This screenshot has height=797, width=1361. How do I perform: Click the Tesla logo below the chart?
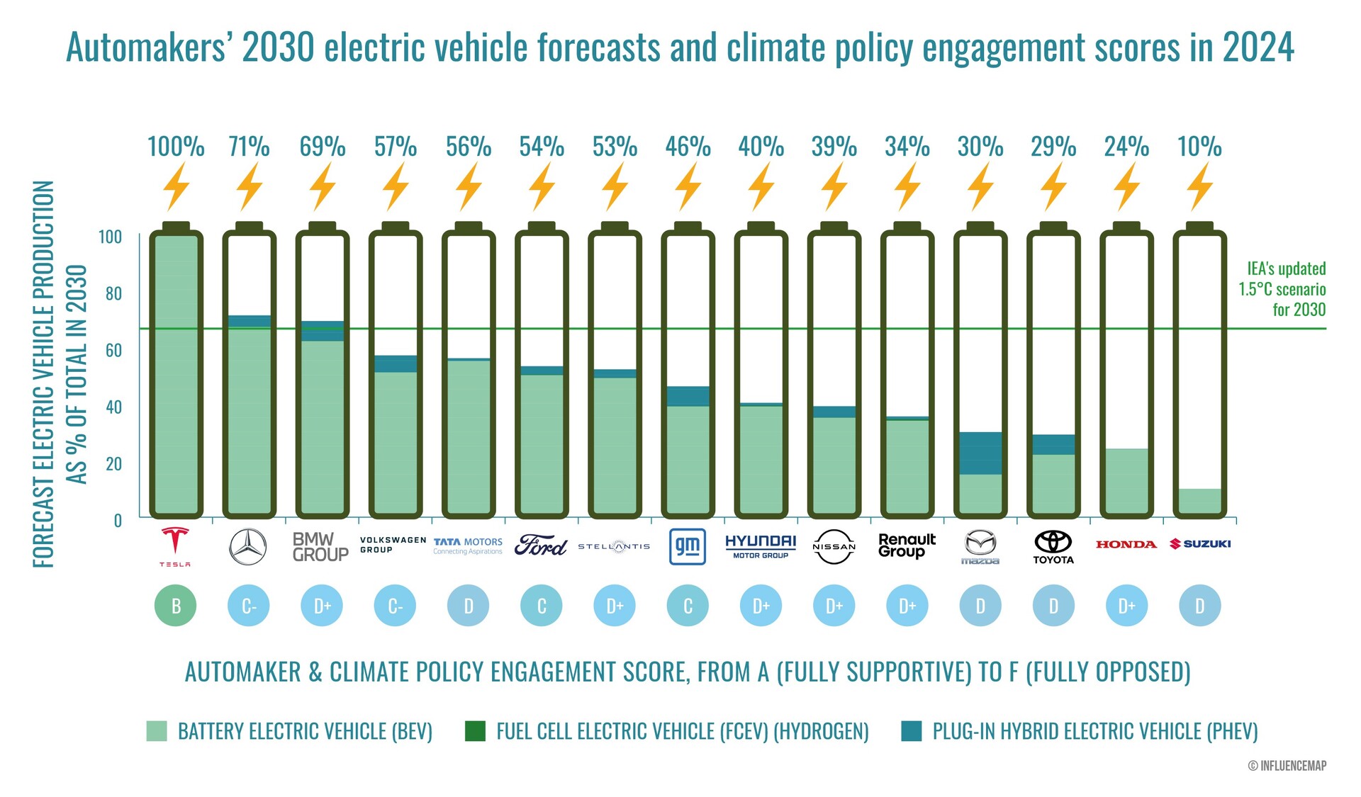tap(174, 546)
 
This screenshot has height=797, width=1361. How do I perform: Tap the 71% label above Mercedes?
tap(249, 147)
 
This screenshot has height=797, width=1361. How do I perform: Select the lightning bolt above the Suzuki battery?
tap(1199, 186)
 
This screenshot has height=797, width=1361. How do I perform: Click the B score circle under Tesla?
tap(176, 606)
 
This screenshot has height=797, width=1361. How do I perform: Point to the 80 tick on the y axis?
tap(113, 293)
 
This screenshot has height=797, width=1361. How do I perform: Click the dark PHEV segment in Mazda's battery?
tap(980, 453)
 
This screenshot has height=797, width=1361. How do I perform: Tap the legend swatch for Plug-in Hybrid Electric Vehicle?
tap(912, 731)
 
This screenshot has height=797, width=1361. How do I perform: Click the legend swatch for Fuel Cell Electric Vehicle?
tap(475, 731)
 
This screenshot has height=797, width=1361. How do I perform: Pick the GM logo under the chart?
tap(688, 546)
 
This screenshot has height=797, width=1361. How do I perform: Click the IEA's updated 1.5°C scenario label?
tap(1283, 289)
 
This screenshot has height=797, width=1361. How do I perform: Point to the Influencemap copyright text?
tap(1287, 766)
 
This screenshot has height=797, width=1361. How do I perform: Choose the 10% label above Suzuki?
tap(1199, 147)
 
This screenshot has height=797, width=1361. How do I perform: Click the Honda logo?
tap(1126, 544)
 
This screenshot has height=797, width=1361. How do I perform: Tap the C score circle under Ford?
tap(542, 606)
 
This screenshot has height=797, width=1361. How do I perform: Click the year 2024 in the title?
tap(1258, 48)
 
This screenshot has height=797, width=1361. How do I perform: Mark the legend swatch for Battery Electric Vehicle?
tap(157, 731)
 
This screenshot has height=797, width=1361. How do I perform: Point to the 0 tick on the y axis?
tap(118, 521)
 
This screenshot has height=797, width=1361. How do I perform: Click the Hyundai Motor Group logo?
tap(761, 546)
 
